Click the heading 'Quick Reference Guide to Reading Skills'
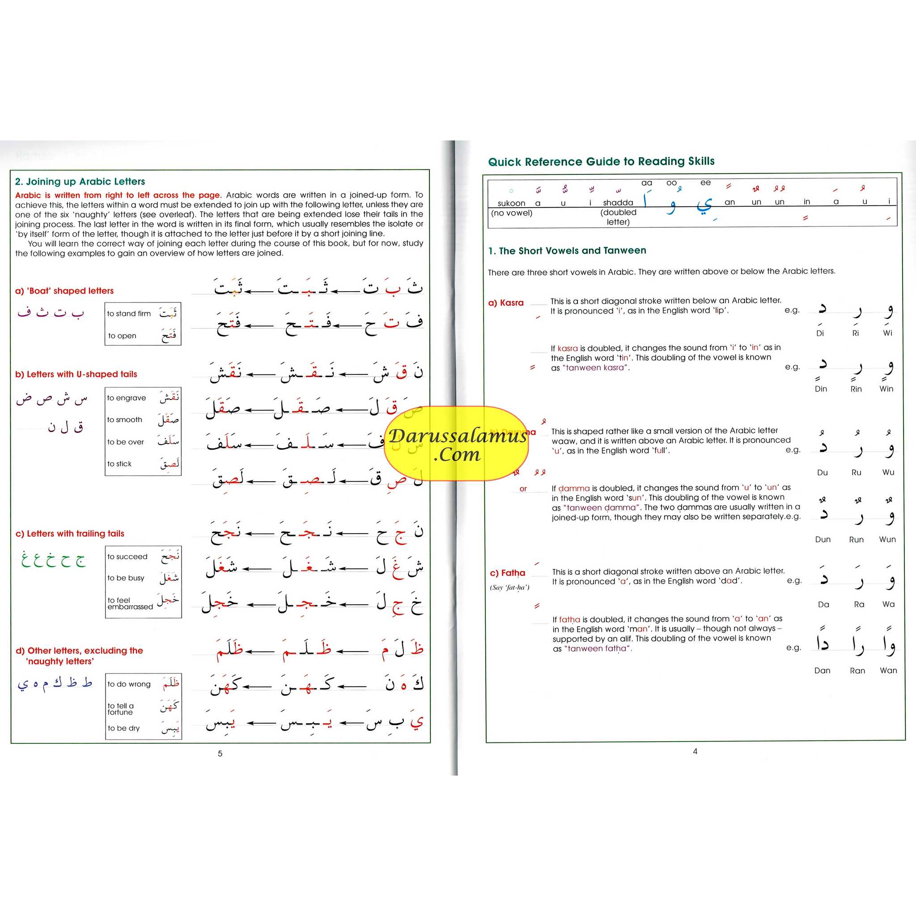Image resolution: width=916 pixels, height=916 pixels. pos(601,161)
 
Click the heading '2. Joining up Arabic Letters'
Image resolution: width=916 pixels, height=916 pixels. pos(80,182)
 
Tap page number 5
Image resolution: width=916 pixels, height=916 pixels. pos(220,753)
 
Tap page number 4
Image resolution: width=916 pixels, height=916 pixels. pos(695,751)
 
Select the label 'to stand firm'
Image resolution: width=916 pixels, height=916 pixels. pos(128,314)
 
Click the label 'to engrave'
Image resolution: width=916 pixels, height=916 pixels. pos(126,398)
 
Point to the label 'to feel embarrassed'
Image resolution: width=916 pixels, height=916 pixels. pos(129,603)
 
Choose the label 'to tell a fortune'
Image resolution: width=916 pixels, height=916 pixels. pos(120,709)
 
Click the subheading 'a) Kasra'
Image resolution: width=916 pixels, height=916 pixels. pos(506,302)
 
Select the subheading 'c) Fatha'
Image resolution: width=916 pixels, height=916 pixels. pos(507,573)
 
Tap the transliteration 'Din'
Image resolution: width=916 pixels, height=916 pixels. pos(821,389)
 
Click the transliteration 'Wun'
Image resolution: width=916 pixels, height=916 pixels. pos(887,539)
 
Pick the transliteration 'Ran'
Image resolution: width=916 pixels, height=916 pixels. pos(857,670)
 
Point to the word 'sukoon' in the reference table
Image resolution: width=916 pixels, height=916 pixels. pos(511,203)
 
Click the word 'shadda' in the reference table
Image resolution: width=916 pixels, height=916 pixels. pos(618,203)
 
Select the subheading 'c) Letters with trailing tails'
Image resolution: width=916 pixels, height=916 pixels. pos(70,534)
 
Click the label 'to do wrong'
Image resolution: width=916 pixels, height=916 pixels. pos(128,684)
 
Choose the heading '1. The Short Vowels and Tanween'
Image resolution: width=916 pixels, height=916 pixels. pos(567,250)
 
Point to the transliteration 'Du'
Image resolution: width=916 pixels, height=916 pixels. pos(822,472)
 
